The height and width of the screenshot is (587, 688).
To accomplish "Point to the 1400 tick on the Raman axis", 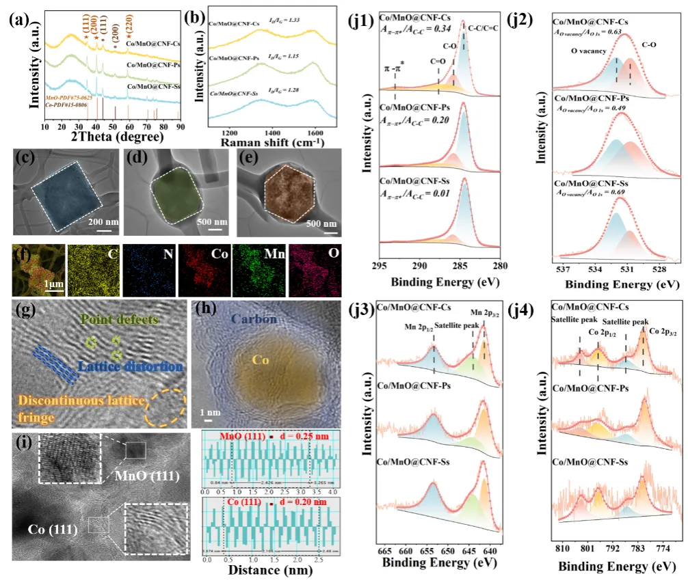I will [272, 131].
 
